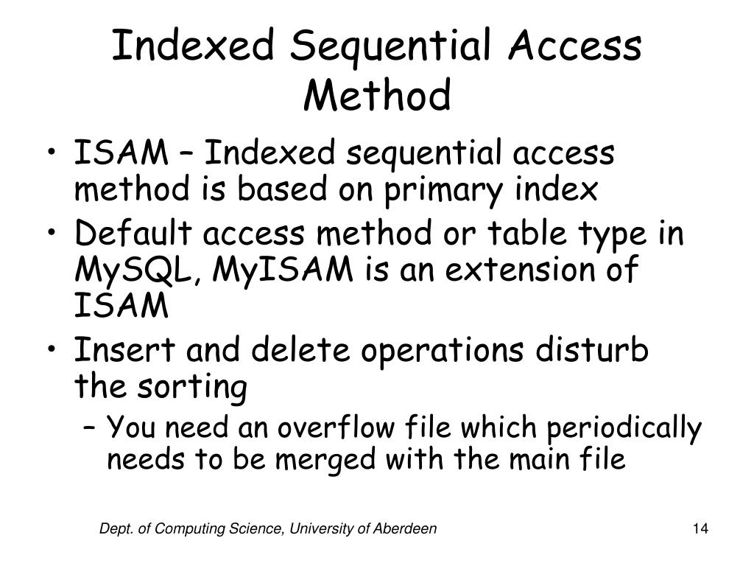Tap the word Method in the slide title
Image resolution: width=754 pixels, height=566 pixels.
click(377, 97)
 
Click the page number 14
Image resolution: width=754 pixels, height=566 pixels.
click(700, 528)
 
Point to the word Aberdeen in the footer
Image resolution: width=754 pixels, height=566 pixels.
click(409, 528)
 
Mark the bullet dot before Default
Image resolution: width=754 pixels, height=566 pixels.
click(58, 235)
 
